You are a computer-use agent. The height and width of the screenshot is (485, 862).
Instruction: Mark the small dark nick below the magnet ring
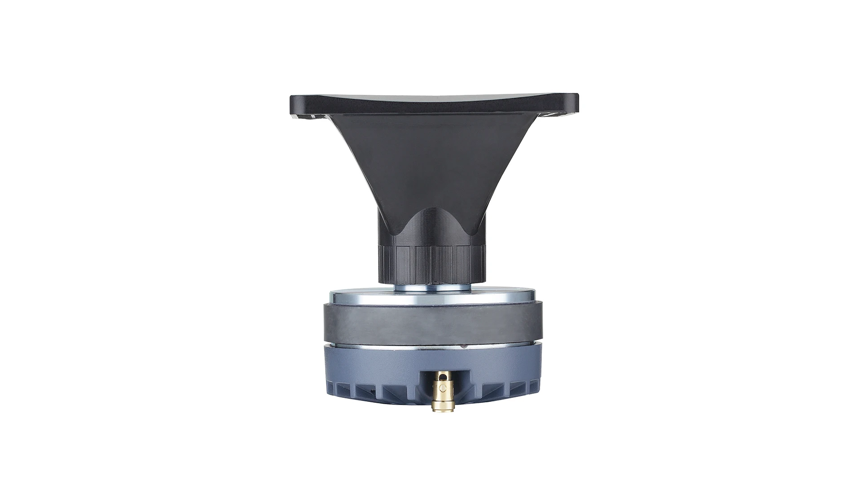[x=462, y=346]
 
